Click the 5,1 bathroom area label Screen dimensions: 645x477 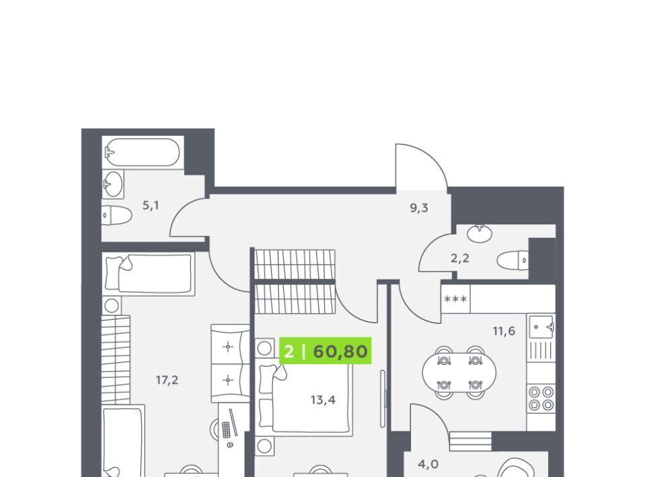151,205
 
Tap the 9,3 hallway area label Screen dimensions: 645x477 419,208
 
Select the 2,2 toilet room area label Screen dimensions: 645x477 460,259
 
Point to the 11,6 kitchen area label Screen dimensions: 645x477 504,331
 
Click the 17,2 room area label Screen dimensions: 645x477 167,380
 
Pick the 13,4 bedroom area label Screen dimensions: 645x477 323,400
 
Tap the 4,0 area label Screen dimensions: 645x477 428,464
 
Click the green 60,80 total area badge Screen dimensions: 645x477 326,351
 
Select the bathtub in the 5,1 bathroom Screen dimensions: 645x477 143,152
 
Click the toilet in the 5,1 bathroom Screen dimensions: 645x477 116,215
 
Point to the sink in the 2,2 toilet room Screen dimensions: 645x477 480,232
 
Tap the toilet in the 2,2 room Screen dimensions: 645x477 513,260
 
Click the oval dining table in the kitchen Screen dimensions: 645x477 459,372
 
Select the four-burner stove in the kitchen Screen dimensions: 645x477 541,398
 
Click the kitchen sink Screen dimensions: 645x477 541,327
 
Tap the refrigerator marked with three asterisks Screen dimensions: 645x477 456,299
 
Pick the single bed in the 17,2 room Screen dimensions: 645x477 149,273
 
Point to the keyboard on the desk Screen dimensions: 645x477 226,430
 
